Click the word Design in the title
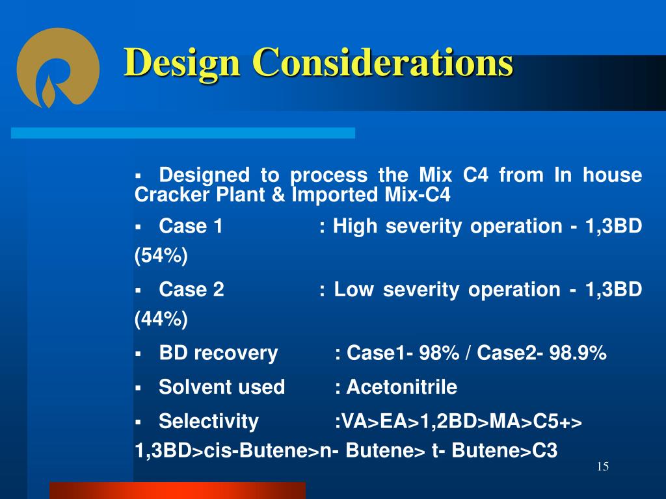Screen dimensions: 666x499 pyautogui.click(x=182, y=63)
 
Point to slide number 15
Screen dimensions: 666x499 pyautogui.click(x=603, y=467)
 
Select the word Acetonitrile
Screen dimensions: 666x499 pyautogui.click(x=402, y=387)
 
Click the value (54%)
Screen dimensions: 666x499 pyautogui.click(x=161, y=256)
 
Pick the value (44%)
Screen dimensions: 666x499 pyautogui.click(x=161, y=320)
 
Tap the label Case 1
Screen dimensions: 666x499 pyautogui.click(x=191, y=226)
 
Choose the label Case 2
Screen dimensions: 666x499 pyautogui.click(x=192, y=290)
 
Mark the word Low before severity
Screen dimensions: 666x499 pyautogui.click(x=354, y=290)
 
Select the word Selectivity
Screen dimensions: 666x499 pyautogui.click(x=209, y=422)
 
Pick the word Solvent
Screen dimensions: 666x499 pyautogui.click(x=187, y=387)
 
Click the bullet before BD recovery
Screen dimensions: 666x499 pyautogui.click(x=138, y=353)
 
